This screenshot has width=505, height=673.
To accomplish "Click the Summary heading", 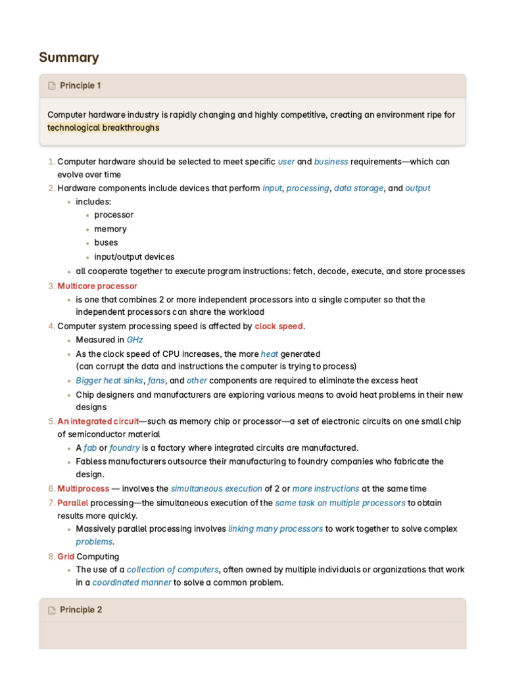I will tap(69, 57).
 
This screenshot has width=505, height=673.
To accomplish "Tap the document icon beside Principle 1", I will tap(52, 86).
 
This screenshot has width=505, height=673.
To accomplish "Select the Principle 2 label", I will tap(81, 610).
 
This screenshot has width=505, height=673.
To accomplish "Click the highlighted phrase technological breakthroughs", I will tap(103, 128).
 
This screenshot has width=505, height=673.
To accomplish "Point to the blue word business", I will tap(331, 161).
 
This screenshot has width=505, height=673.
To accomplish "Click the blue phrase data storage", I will tap(358, 188).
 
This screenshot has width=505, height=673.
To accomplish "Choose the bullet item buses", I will tap(106, 243).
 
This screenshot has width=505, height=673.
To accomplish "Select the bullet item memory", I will tap(110, 229).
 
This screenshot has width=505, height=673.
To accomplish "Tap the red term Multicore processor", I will tap(97, 286).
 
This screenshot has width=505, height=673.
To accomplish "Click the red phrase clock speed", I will tap(279, 326).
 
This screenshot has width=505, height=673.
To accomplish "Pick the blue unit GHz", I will tap(135, 340).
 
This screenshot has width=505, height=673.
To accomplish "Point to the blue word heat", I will tap(270, 354).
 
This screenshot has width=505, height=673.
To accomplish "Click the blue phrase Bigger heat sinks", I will tap(109, 381).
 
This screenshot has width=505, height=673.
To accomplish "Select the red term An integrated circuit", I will tap(98, 421).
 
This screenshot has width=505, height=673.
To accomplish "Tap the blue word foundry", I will tap(124, 448).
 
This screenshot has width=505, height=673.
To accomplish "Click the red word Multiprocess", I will tap(84, 488).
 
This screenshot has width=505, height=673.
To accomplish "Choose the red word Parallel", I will tap(73, 503).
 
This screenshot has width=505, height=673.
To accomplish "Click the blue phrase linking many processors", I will tap(276, 528).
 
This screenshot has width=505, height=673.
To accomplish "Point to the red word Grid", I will tap(66, 557).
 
